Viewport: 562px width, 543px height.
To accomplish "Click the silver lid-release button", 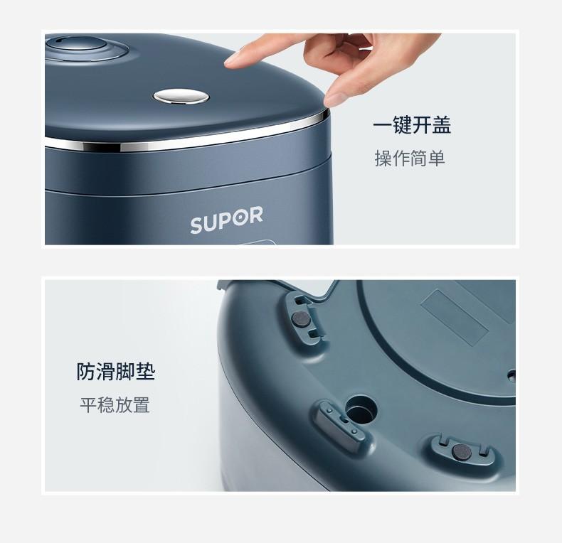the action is [181, 97].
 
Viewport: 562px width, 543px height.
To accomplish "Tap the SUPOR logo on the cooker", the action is [226, 220].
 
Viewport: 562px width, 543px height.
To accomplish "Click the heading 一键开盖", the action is [412, 124].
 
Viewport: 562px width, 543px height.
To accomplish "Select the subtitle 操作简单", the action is [410, 158].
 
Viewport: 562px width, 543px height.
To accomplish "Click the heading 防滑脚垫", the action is [116, 372].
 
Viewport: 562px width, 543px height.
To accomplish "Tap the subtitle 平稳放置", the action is [115, 404].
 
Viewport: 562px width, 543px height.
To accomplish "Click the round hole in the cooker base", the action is [361, 409].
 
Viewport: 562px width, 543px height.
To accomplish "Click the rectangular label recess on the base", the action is [455, 317].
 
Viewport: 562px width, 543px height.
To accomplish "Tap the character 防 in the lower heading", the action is [86, 372].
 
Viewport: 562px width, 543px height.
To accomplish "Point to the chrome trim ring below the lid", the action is [186, 138].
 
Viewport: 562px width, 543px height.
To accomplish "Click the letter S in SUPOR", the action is [196, 225].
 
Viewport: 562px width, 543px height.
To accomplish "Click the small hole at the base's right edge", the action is [511, 375].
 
